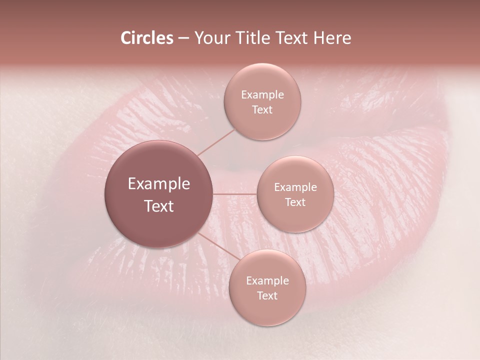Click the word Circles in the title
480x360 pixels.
(146, 38)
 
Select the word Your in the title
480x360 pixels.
(210, 38)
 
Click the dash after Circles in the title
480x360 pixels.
(183, 38)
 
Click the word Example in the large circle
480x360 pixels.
(159, 184)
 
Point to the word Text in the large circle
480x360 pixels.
(159, 206)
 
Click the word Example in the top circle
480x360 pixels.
(262, 94)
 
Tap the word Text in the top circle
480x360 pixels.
(262, 109)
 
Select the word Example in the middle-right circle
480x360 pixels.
(295, 187)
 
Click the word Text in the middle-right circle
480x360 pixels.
(295, 202)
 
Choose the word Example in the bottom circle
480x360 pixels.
(267, 280)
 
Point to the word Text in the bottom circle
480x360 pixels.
(267, 295)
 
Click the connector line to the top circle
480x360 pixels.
(216, 142)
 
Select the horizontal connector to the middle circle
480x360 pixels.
(234, 193)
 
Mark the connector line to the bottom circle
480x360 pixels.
(218, 247)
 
